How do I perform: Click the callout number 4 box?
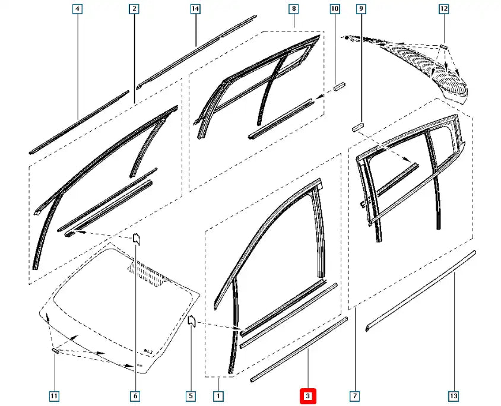click(x=78, y=9)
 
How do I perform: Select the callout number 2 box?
click(x=134, y=9)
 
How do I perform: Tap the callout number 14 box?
click(x=195, y=9)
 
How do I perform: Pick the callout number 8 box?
click(x=293, y=9)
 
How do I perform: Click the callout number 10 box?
click(x=335, y=9)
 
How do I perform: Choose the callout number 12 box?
click(x=443, y=9)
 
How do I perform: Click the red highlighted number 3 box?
click(x=307, y=395)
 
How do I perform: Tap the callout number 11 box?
click(x=55, y=395)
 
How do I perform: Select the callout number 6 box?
click(x=135, y=395)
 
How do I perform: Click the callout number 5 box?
click(x=191, y=395)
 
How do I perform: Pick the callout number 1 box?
click(x=218, y=395)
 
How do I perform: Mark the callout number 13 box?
click(x=454, y=395)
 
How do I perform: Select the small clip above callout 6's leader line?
click(x=135, y=239)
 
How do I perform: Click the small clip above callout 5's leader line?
click(x=192, y=321)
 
